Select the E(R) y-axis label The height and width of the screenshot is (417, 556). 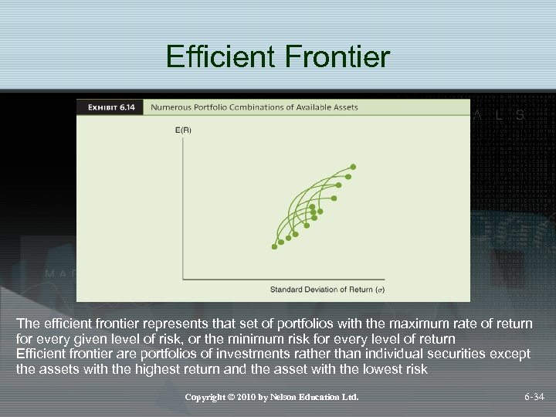[183, 131]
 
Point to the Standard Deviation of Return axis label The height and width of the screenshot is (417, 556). [320, 290]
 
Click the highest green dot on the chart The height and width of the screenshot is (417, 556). [354, 166]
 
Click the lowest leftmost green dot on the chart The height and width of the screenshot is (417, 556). [274, 246]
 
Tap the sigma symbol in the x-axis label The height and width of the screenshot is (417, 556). [379, 290]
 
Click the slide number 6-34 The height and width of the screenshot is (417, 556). [534, 398]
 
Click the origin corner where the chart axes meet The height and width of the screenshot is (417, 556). [183, 278]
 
